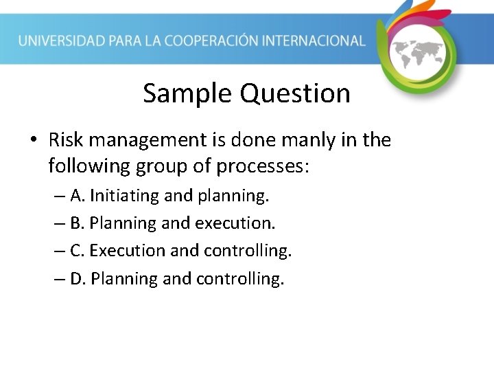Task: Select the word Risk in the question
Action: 65,140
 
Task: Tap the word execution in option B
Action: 235,223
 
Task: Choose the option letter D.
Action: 77,278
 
